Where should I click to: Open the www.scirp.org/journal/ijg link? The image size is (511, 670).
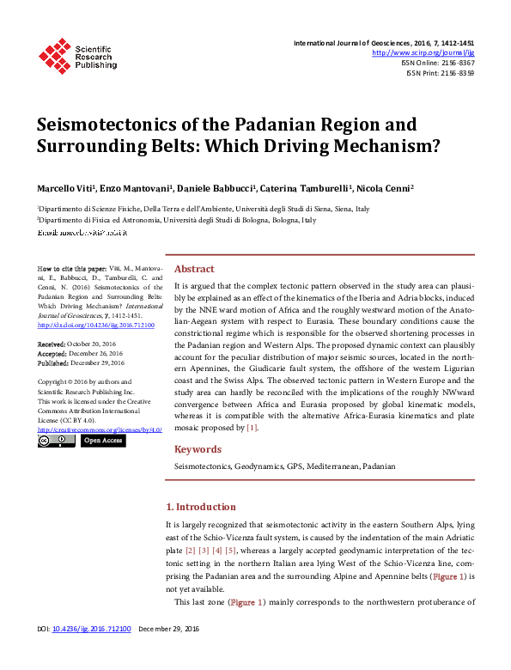(423, 52)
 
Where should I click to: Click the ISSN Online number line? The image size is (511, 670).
(438, 63)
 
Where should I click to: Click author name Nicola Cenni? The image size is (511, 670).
(386, 188)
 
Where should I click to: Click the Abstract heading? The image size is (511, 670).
(194, 268)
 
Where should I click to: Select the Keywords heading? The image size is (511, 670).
(198, 449)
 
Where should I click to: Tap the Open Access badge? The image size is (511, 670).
(102, 441)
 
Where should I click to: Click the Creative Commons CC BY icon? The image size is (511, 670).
(57, 441)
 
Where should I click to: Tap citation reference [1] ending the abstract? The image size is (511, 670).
(252, 427)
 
